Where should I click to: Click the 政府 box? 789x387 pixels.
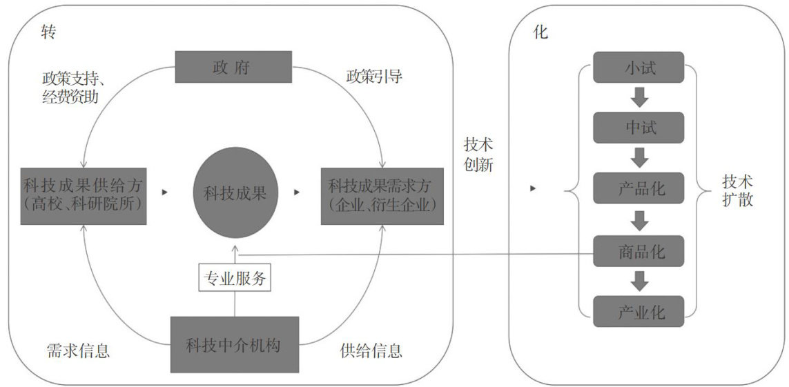tap(233, 67)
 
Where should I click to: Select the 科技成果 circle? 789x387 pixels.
tap(235, 194)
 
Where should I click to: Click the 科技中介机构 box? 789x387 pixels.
tap(235, 344)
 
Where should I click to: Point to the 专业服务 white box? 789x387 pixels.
tap(234, 279)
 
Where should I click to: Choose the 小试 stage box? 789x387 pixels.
tap(639, 68)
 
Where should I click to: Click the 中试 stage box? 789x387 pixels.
tap(639, 127)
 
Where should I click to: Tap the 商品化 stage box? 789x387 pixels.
tap(639, 251)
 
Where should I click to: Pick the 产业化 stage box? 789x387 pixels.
tap(639, 312)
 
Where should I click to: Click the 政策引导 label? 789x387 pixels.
tap(374, 77)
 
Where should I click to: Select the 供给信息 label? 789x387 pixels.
tap(371, 350)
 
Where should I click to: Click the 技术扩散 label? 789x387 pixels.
tap(738, 191)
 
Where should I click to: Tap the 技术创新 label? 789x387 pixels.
tap(478, 155)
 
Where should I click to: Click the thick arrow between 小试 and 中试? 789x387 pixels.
tap(640, 97)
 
